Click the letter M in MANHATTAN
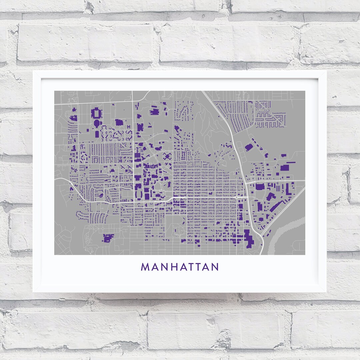(145, 267)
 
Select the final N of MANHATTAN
(215, 267)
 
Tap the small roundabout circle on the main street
(236, 197)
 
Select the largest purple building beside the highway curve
(248, 238)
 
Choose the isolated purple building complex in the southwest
(108, 238)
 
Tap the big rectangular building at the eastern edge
(284, 167)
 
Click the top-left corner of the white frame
(33, 71)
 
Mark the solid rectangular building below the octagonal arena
(97, 134)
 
